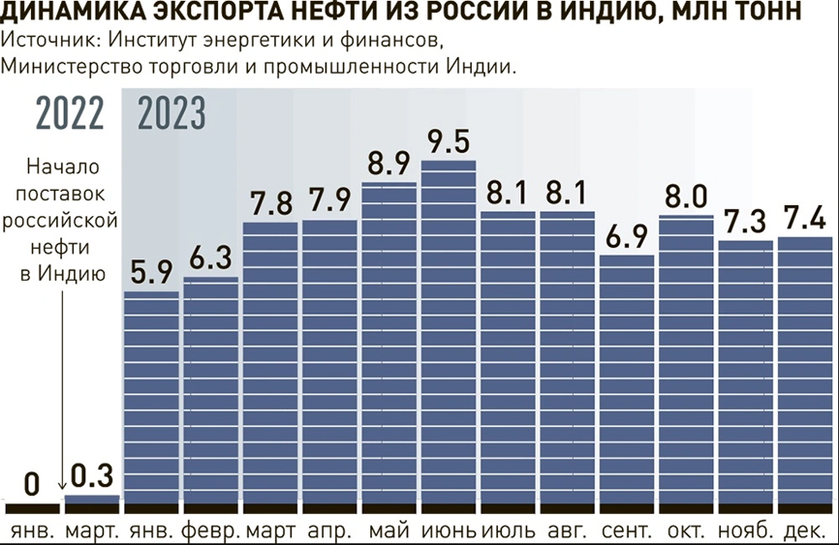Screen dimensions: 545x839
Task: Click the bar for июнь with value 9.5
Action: point(450,334)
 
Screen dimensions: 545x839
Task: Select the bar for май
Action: point(389,344)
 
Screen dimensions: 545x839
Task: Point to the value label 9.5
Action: point(449,141)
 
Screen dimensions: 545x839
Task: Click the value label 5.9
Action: point(151,272)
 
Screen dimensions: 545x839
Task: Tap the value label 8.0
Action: point(687,197)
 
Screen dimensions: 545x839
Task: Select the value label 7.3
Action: point(746,222)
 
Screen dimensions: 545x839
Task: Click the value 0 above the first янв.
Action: point(32,482)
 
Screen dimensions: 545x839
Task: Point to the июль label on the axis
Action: point(509,531)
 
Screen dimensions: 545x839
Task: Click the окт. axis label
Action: point(687,531)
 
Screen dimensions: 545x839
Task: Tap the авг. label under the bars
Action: point(568,531)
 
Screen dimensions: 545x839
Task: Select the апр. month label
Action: point(329,531)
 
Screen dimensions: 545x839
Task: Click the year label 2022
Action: point(69,114)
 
